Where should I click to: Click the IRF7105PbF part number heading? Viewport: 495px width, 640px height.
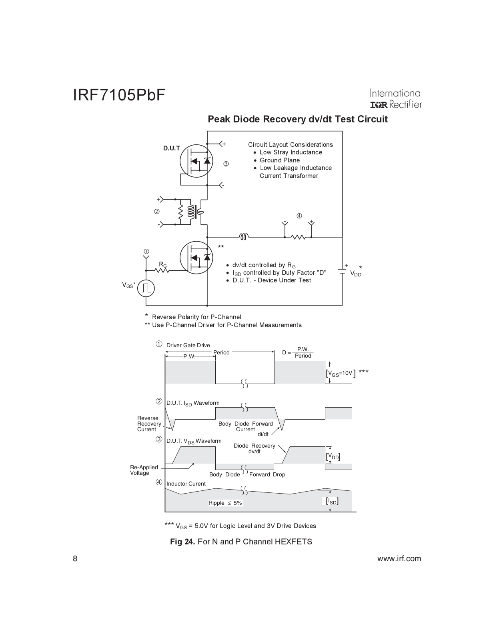pos(119,95)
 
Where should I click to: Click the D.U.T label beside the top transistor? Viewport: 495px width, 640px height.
pos(171,148)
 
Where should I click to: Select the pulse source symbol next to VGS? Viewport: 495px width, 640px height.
pos(146,288)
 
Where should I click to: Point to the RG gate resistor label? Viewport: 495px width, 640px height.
pos(162,265)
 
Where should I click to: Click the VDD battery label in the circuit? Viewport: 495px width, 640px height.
pos(355,274)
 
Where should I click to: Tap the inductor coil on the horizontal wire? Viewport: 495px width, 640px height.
pos(244,237)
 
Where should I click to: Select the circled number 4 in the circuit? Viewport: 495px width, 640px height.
pos(299,216)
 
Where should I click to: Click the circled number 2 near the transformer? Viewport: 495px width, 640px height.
pos(157,211)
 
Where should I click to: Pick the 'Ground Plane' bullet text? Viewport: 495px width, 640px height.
pos(279,160)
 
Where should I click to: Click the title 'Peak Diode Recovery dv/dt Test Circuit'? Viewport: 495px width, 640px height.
pos(297,119)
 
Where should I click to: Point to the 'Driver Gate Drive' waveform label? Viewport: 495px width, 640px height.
pos(188,345)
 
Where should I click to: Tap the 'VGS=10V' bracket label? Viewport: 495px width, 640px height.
pos(341,374)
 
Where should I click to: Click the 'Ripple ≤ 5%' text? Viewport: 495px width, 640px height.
pos(225,503)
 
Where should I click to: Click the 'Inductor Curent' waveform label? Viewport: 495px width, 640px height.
pos(186,484)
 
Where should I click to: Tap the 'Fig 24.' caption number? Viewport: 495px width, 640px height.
pos(182,542)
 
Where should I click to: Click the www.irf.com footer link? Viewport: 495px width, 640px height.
pos(399,559)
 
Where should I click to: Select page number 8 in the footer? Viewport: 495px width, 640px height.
pos(75,559)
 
